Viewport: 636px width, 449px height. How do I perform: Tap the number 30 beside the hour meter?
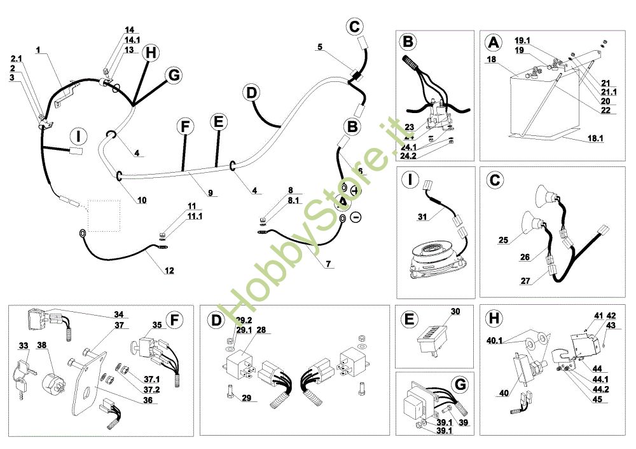point(455,311)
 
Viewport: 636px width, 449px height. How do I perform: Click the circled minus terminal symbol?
point(356,218)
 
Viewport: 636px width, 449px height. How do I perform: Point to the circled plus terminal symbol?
point(355,191)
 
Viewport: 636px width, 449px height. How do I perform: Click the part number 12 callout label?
point(169,271)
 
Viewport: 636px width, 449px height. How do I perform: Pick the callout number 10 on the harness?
point(142,200)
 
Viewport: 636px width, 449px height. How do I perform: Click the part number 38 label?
point(41,345)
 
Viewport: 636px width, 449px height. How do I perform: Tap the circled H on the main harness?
point(150,53)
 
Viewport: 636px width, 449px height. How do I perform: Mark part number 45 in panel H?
point(597,399)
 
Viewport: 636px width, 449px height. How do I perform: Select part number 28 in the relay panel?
point(244,331)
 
